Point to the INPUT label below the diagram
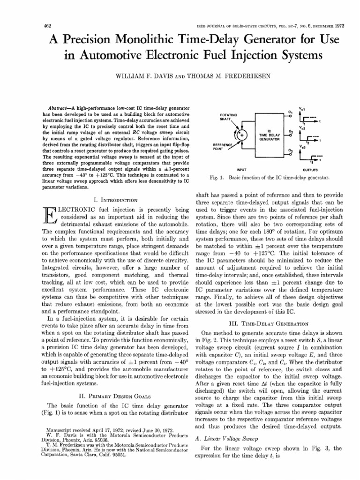tap(243, 170)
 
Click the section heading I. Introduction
tap(110, 200)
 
